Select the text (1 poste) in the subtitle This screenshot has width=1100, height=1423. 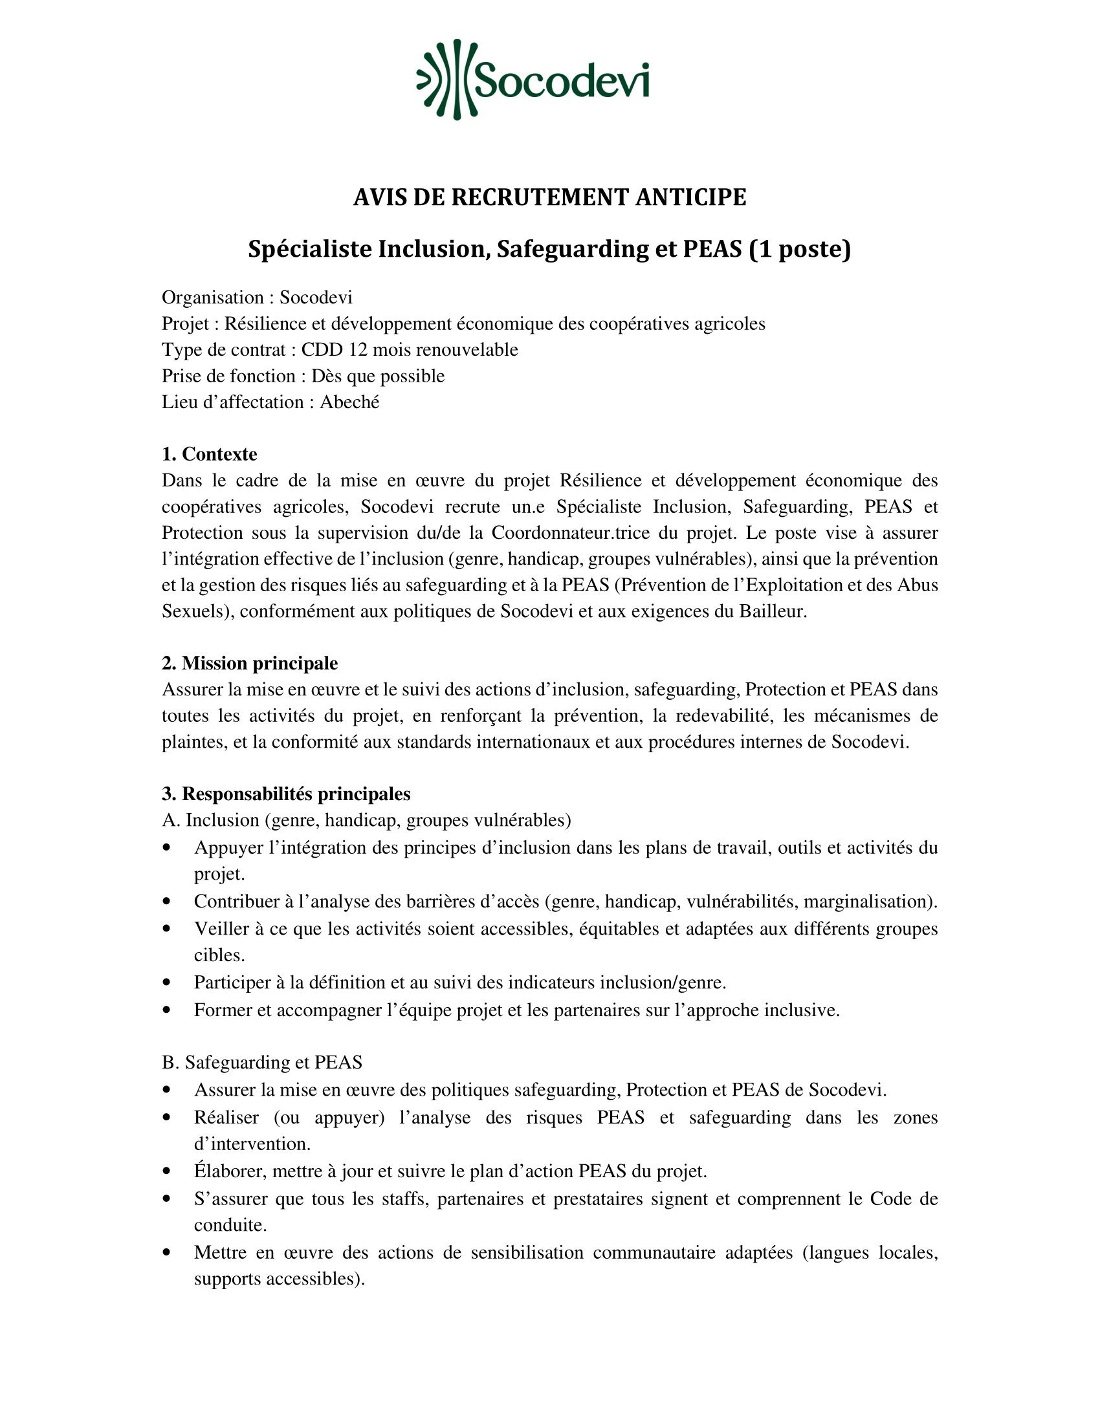click(x=800, y=249)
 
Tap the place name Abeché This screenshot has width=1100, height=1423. click(x=349, y=402)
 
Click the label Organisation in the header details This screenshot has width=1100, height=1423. click(x=212, y=298)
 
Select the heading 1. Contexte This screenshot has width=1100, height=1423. click(x=209, y=454)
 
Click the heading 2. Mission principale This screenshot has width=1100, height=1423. click(x=250, y=663)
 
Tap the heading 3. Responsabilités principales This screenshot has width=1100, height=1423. click(x=286, y=794)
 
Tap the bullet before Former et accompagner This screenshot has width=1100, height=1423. click(x=168, y=1010)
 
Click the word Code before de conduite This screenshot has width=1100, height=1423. click(x=891, y=1198)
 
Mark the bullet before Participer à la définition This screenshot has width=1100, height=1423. click(x=168, y=983)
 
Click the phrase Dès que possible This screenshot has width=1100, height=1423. click(x=378, y=376)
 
